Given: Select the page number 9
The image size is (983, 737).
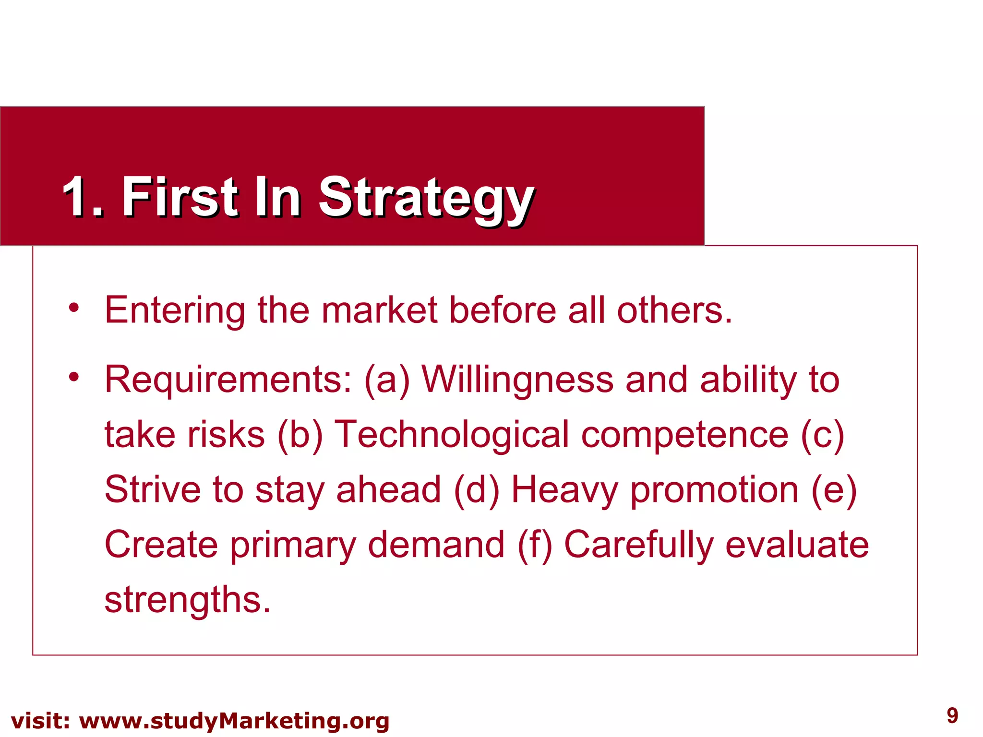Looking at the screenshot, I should click(x=952, y=715).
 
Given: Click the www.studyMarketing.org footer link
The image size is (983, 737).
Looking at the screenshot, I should click(x=234, y=721).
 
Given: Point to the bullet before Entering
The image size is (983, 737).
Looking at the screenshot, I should click(x=73, y=308).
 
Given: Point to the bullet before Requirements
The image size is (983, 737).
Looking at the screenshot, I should click(x=73, y=377).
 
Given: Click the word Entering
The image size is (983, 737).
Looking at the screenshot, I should click(x=175, y=310).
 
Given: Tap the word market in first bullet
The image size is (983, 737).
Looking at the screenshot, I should click(x=379, y=310).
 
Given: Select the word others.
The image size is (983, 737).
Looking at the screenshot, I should click(x=674, y=310).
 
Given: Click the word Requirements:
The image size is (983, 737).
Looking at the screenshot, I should click(x=228, y=380).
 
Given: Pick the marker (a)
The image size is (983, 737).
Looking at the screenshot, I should click(x=387, y=380).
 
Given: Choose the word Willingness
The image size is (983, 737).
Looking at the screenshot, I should click(x=517, y=380).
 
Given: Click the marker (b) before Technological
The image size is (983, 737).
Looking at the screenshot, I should click(x=300, y=435).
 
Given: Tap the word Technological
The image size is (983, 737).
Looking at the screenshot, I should click(x=451, y=435).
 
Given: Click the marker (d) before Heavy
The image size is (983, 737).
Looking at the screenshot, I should click(x=476, y=490).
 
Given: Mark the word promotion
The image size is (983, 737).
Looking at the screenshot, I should click(x=714, y=490).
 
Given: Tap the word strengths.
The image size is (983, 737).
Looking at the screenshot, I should click(x=187, y=600).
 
